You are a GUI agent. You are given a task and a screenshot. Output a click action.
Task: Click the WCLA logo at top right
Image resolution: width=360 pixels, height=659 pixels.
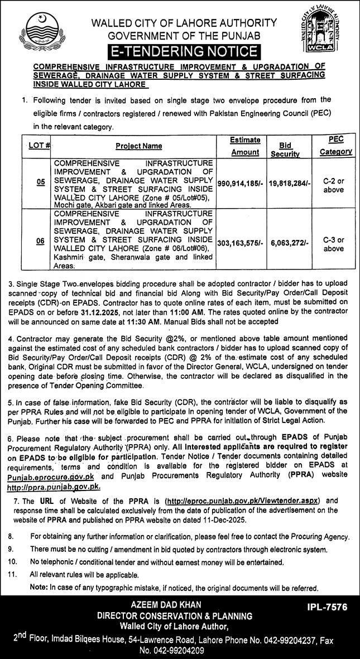point(320,35)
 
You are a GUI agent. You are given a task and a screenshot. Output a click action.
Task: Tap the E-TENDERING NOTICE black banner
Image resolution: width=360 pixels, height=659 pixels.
point(184,52)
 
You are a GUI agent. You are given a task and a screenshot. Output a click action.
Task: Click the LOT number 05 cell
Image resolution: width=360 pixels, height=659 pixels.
point(40,182)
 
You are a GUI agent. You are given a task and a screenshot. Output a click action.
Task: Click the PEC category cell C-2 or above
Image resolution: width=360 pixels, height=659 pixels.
point(334,182)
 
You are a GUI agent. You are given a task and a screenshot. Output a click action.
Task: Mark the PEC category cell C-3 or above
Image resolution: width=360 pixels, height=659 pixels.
point(334,244)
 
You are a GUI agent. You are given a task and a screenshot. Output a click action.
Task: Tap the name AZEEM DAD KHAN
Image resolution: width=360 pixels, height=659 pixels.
point(167,605)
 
